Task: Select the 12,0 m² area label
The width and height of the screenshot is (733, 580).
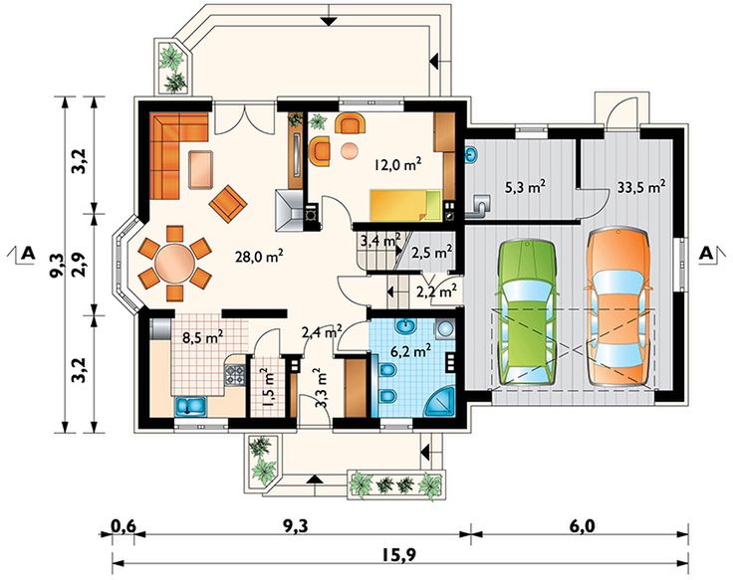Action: click(394, 165)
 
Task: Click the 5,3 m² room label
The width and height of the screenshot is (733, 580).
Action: click(522, 186)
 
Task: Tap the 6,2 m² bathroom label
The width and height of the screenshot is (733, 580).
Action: click(408, 349)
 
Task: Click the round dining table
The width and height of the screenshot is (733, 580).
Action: click(174, 263)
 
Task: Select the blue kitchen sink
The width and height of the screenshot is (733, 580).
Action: click(188, 405)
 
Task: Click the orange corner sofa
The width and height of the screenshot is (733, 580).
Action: click(176, 149)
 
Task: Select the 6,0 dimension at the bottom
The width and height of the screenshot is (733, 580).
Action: click(582, 520)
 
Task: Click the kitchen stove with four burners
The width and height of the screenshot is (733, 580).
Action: click(236, 376)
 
